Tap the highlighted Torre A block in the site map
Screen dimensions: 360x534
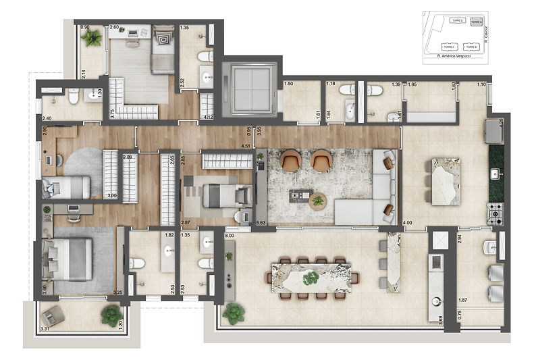tap(477, 22)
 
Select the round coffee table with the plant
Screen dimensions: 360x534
tap(316, 199)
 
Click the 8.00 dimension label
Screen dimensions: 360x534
tap(230, 236)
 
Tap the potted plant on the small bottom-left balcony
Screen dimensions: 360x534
tap(109, 315)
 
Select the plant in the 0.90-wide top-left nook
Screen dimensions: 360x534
tap(91, 38)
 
